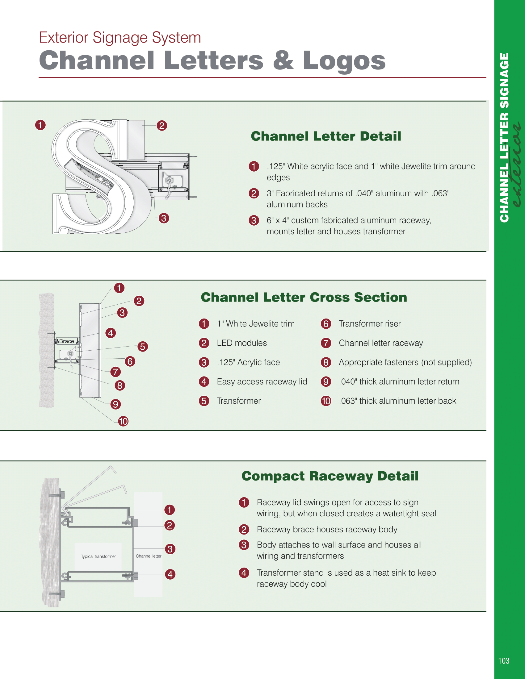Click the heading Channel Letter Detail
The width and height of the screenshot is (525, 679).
coord(325,136)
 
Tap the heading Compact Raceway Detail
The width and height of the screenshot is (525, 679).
coord(330,476)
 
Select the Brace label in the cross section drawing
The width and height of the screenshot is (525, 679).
coord(67,341)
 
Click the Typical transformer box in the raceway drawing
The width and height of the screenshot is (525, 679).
coord(98,556)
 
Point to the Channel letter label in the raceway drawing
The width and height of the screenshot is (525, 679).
coord(148,556)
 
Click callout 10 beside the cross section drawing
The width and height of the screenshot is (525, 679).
coord(123,421)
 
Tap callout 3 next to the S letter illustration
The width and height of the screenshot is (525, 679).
coord(164,218)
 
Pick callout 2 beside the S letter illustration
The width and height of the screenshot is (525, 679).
coord(162,126)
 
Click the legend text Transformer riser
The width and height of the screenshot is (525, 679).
coord(369,324)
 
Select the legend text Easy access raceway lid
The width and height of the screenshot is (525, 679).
coord(262,381)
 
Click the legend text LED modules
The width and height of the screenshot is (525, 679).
coord(242,343)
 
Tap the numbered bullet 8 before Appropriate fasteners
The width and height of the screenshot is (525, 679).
coord(325,362)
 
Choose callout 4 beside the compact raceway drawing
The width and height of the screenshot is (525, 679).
coord(170,574)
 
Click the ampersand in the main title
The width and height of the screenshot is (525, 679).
coord(283,60)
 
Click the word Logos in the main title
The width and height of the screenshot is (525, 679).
coord(344,61)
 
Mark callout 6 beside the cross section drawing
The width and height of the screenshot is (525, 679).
coord(130,361)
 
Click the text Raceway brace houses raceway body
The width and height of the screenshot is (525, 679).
coord(327,529)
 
